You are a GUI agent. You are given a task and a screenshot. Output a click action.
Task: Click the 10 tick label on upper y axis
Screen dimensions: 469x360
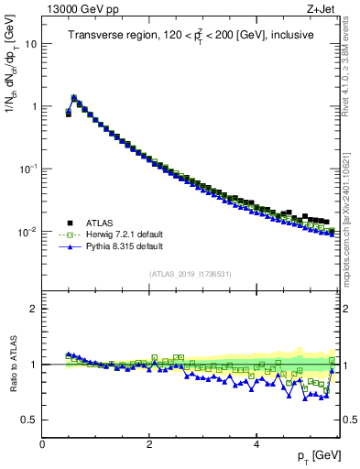30,44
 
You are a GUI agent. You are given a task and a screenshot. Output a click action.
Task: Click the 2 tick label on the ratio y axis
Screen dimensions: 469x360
33,309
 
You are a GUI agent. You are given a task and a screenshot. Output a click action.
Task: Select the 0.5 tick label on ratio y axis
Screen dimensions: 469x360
29,420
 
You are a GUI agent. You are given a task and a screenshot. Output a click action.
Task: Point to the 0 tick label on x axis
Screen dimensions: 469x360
42,444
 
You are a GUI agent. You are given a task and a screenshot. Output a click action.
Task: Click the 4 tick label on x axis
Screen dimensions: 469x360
256,444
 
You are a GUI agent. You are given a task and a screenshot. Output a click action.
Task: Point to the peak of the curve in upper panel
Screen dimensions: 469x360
74,96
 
